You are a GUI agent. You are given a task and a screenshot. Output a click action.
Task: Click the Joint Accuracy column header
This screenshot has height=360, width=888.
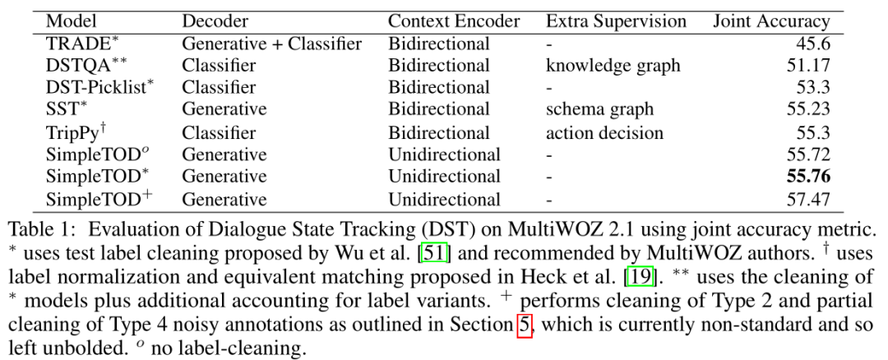pyautogui.click(x=770, y=21)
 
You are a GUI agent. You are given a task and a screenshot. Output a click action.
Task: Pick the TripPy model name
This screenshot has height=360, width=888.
pyautogui.click(x=80, y=132)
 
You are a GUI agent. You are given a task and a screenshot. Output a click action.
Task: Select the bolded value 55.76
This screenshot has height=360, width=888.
pyautogui.click(x=807, y=177)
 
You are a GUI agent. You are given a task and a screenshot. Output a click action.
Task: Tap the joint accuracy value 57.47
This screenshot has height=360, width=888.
pyautogui.click(x=807, y=199)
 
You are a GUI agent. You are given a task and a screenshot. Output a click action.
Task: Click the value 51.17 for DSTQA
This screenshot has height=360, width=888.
pyautogui.click(x=807, y=67)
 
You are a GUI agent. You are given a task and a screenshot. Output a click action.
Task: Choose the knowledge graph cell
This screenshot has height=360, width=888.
pyautogui.click(x=612, y=67)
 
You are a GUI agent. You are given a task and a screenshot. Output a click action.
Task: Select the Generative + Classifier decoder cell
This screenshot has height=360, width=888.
pyautogui.click(x=271, y=44)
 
